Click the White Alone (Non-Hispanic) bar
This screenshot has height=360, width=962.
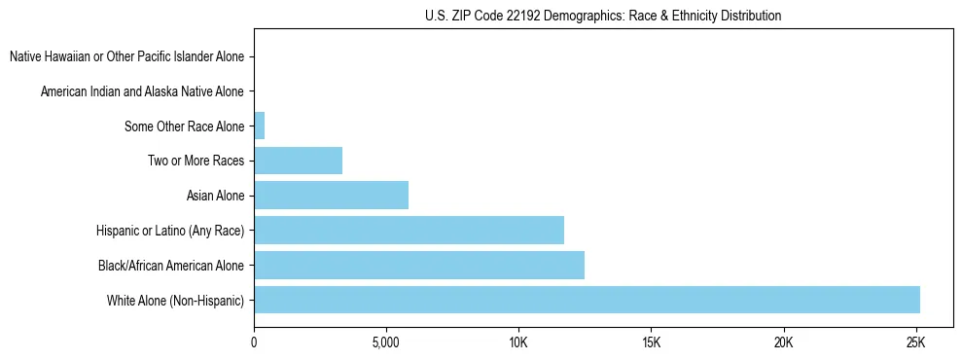pos(587,300)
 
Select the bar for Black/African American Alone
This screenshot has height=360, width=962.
pos(419,265)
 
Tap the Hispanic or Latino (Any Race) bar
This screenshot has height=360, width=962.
pos(409,230)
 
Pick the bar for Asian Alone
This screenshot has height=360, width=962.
pos(331,195)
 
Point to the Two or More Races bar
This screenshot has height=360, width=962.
pos(298,160)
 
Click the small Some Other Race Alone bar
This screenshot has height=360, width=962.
pos(259,126)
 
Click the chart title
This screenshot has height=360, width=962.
pos(603,16)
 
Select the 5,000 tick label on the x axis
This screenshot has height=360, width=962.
pos(386,343)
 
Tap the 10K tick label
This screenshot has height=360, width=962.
pos(518,343)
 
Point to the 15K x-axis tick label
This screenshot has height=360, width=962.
pos(651,343)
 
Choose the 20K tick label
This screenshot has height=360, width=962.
pos(783,343)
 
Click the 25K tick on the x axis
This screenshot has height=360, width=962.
pos(915,343)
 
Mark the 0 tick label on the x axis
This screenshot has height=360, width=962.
pos(254,343)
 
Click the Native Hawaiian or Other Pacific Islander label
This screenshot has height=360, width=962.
pos(126,56)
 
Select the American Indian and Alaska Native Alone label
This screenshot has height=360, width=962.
pos(142,91)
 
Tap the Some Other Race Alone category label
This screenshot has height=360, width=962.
pos(184,126)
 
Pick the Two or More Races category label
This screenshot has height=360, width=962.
pos(196,161)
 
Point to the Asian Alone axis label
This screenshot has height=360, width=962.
pos(215,196)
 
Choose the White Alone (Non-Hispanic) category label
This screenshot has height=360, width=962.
pos(175,301)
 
